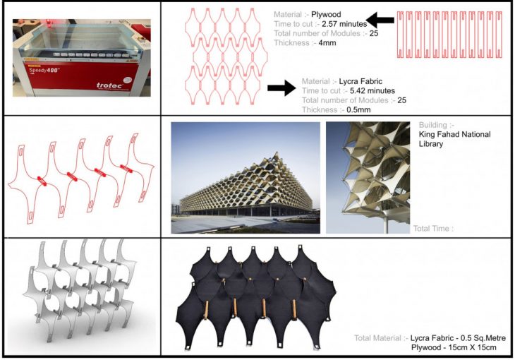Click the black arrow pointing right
(281, 87)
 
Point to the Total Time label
(432, 228)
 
